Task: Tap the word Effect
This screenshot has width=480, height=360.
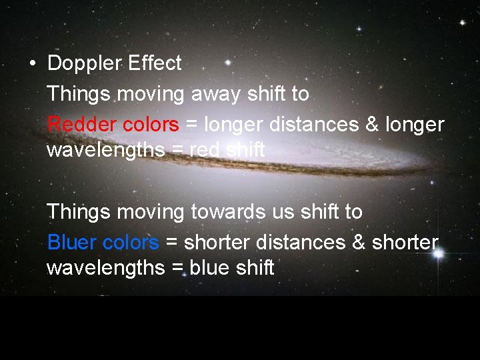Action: (x=154, y=64)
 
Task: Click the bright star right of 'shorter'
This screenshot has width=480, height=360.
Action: (x=439, y=254)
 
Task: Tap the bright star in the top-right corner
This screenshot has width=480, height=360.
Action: (x=462, y=23)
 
